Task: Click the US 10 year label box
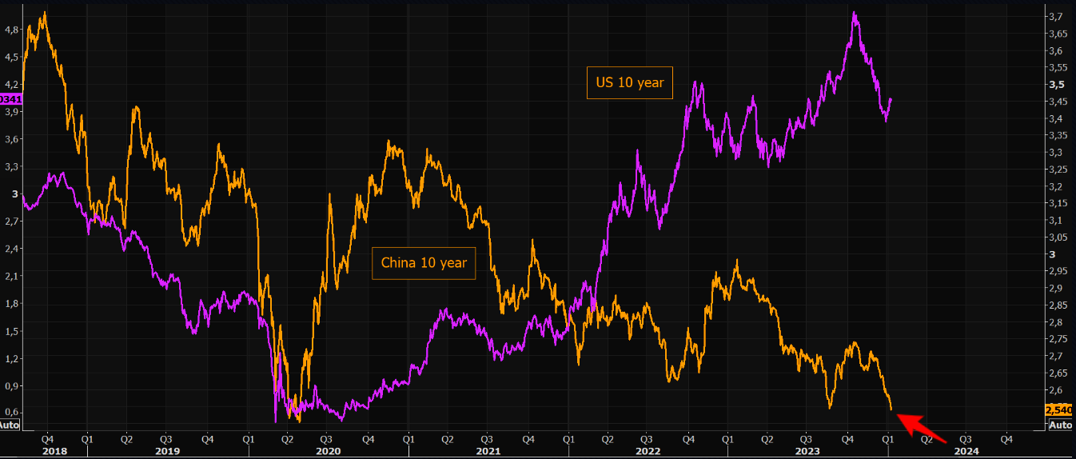tap(630, 82)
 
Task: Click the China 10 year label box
tap(424, 262)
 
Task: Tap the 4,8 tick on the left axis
tap(11, 30)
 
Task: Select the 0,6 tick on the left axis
tap(11, 413)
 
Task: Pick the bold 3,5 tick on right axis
tap(1056, 85)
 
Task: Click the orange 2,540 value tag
tap(1058, 410)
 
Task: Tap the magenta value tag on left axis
tap(10, 99)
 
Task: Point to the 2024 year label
tap(966, 451)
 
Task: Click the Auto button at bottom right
tap(1059, 425)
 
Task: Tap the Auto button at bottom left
tap(9, 425)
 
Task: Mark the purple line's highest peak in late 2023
tap(855, 13)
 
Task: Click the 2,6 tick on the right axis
tap(1055, 390)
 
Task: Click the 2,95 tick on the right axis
tap(1057, 272)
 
